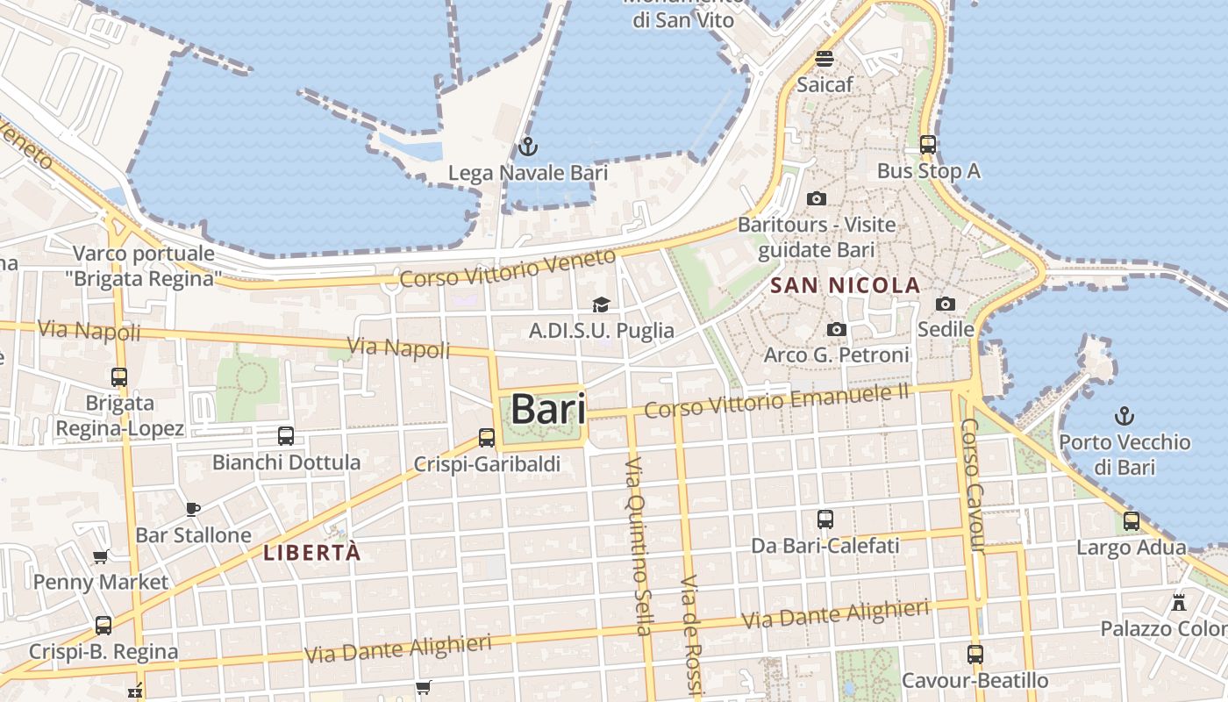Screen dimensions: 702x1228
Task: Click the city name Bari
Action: click(x=548, y=409)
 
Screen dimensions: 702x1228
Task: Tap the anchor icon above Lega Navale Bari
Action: click(x=527, y=146)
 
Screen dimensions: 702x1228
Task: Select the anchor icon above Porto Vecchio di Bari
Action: click(x=1124, y=415)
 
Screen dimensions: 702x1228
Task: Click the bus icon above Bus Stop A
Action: click(x=927, y=145)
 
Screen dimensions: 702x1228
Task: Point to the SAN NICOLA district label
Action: click(x=845, y=285)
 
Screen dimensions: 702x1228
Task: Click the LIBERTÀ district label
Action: click(x=312, y=553)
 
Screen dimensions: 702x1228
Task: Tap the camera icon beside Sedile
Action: click(x=945, y=304)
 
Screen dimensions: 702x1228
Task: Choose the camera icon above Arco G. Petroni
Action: click(x=837, y=329)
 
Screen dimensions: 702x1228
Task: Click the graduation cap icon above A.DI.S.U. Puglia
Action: click(x=601, y=304)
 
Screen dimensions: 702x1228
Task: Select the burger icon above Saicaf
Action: click(x=824, y=59)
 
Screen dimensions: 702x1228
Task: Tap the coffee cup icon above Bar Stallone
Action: click(x=193, y=508)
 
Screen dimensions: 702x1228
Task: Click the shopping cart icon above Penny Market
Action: click(x=101, y=556)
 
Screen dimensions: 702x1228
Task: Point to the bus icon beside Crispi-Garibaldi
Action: click(x=487, y=437)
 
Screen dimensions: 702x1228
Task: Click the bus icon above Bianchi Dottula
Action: click(x=285, y=435)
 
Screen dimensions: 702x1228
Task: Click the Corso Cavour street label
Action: click(x=972, y=485)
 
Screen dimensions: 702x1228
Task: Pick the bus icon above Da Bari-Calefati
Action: click(x=825, y=519)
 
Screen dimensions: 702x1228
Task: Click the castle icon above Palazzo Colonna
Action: click(x=1179, y=603)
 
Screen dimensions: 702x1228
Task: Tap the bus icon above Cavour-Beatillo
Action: click(x=975, y=654)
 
